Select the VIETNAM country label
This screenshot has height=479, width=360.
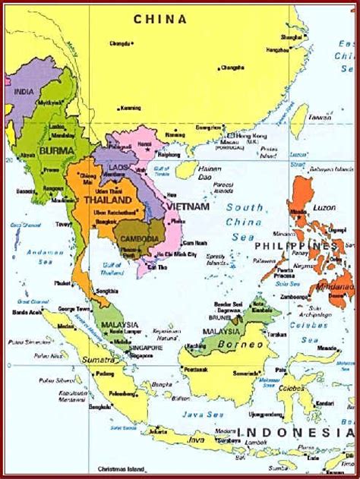190,206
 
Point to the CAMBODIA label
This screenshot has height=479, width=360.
140,239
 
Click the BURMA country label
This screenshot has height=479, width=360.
56,152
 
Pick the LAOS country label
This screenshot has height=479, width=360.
118,166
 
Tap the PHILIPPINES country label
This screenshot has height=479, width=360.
295,247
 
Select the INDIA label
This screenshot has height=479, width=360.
24,92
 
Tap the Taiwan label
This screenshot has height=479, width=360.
320,118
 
